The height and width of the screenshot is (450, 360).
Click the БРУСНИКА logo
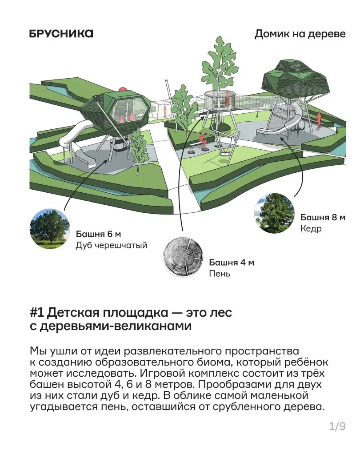tap(61, 34)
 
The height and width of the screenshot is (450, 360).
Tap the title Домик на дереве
tap(300, 34)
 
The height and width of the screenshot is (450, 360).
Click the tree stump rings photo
tap(183, 257)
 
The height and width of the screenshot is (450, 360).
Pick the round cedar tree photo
tap(275, 213)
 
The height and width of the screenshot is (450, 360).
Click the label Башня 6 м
tap(99, 234)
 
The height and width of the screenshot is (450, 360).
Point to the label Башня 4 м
tap(232, 262)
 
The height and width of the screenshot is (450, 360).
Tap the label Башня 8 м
tap(323, 217)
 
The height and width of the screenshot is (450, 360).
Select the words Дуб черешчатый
tap(112, 246)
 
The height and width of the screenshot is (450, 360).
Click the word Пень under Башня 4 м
tap(220, 274)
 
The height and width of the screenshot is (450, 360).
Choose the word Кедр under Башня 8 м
tap(311, 229)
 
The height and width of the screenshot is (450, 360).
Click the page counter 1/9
tap(337, 426)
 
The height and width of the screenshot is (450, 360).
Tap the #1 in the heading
tap(37, 312)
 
